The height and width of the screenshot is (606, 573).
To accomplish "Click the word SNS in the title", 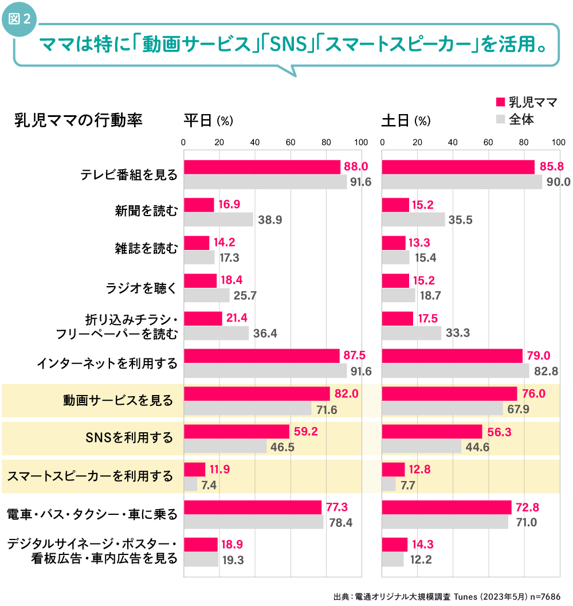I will (x=286, y=45).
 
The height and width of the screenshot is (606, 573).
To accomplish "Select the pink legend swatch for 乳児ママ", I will (x=500, y=102).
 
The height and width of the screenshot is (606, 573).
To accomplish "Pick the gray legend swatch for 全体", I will (x=500, y=119).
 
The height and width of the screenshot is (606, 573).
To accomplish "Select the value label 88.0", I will (x=355, y=167).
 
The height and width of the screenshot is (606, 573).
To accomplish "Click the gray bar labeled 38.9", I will (x=218, y=220).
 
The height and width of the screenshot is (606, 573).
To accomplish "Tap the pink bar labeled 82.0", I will (x=257, y=394).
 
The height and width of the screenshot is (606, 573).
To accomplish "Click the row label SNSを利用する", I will (x=128, y=438).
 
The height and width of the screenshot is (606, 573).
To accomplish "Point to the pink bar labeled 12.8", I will (x=393, y=470).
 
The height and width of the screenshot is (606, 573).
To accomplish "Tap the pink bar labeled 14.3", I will (x=395, y=545).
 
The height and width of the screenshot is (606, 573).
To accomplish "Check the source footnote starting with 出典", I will (x=446, y=596).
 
